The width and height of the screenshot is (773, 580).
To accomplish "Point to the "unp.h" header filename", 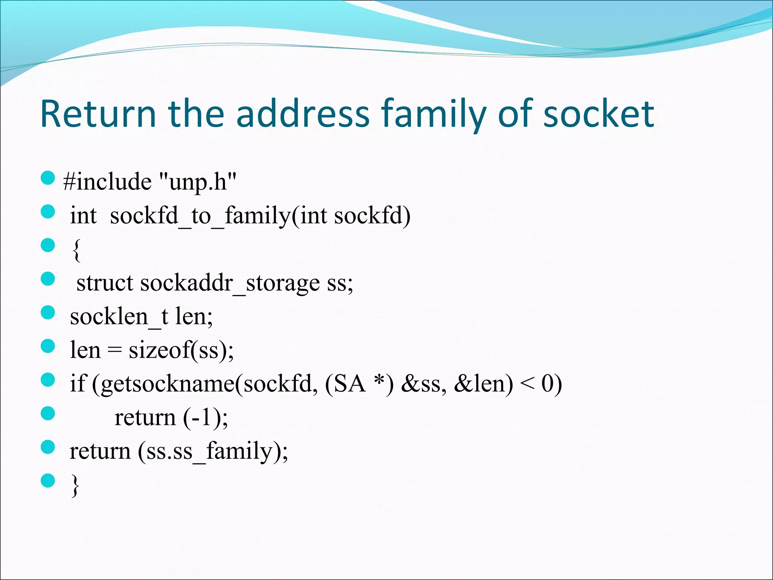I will tap(198, 182).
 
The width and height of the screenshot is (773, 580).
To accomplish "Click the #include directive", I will tap(108, 182).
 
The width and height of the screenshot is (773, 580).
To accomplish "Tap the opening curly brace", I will tap(76, 250).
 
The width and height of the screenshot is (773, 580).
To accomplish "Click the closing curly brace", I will tap(75, 486).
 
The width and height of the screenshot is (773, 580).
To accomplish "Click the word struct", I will tap(105, 283).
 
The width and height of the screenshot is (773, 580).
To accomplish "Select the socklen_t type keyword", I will tap(119, 317).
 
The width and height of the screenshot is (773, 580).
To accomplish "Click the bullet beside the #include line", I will tap(48, 178).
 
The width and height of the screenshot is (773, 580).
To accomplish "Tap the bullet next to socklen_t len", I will tap(48, 312).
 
